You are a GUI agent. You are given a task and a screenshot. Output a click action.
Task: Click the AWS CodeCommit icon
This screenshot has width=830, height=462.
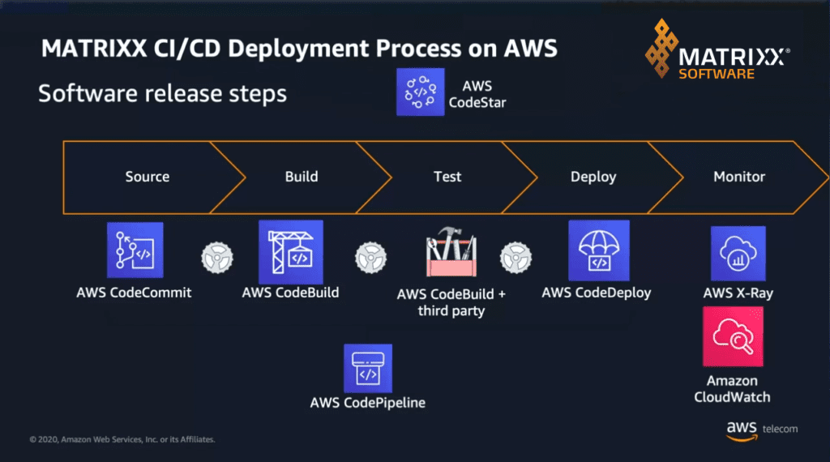pyautogui.click(x=135, y=250)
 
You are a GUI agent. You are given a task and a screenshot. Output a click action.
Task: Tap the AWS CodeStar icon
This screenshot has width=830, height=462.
pyautogui.click(x=421, y=92)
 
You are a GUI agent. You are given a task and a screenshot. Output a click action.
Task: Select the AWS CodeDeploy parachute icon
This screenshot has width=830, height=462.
pyautogui.click(x=598, y=250)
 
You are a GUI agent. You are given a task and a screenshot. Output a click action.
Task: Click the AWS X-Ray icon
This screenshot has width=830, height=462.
pyautogui.click(x=738, y=253)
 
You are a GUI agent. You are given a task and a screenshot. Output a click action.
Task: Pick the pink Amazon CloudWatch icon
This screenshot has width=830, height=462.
pyautogui.click(x=732, y=336)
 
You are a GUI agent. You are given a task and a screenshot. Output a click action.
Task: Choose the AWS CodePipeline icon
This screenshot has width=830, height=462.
pyautogui.click(x=367, y=368)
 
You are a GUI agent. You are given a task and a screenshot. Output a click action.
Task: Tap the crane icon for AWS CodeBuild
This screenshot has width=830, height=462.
pyautogui.click(x=289, y=251)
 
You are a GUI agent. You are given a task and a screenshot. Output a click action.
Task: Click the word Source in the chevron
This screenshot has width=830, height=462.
pyautogui.click(x=148, y=177)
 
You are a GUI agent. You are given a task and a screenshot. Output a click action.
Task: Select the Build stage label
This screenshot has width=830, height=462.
pyautogui.click(x=302, y=177)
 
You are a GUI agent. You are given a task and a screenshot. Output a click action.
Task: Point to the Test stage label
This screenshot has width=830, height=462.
pyautogui.click(x=447, y=177)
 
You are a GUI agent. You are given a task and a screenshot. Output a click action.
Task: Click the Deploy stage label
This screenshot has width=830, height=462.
pyautogui.click(x=593, y=177)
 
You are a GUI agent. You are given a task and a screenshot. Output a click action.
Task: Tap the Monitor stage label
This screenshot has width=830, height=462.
pyautogui.click(x=739, y=177)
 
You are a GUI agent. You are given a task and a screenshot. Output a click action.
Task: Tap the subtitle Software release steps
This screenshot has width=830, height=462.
pyautogui.click(x=162, y=93)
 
